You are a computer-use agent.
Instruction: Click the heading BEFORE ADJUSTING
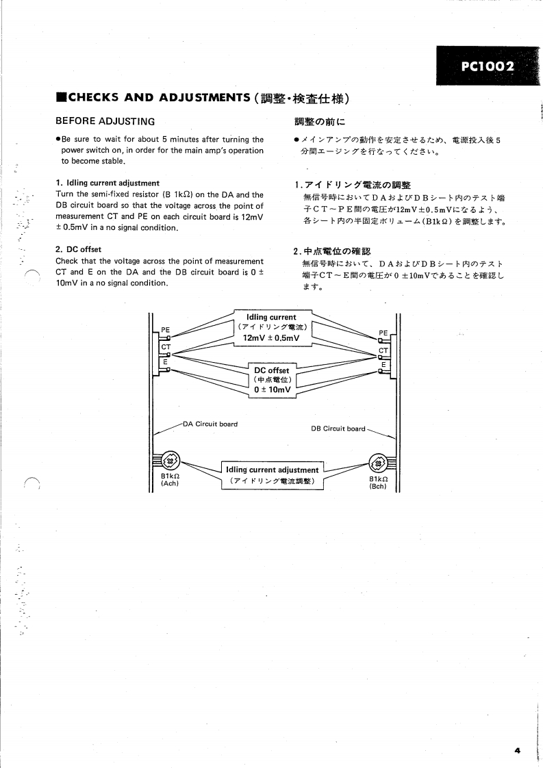click(x=105, y=121)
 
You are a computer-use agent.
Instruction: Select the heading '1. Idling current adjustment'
click(x=108, y=183)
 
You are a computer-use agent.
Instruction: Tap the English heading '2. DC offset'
click(x=78, y=249)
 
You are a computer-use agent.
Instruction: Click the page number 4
click(x=518, y=751)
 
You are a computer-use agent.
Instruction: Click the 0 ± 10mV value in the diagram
click(x=272, y=390)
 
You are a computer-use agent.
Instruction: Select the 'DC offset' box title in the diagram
click(x=272, y=370)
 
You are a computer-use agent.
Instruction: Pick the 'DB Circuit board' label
click(x=338, y=429)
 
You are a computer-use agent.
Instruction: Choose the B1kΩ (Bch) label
click(x=379, y=483)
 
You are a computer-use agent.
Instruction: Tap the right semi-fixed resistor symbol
click(x=378, y=463)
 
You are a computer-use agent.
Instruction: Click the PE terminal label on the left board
click(x=165, y=329)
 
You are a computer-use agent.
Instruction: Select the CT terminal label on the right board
click(x=383, y=351)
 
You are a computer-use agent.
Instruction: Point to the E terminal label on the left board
click(x=165, y=362)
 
